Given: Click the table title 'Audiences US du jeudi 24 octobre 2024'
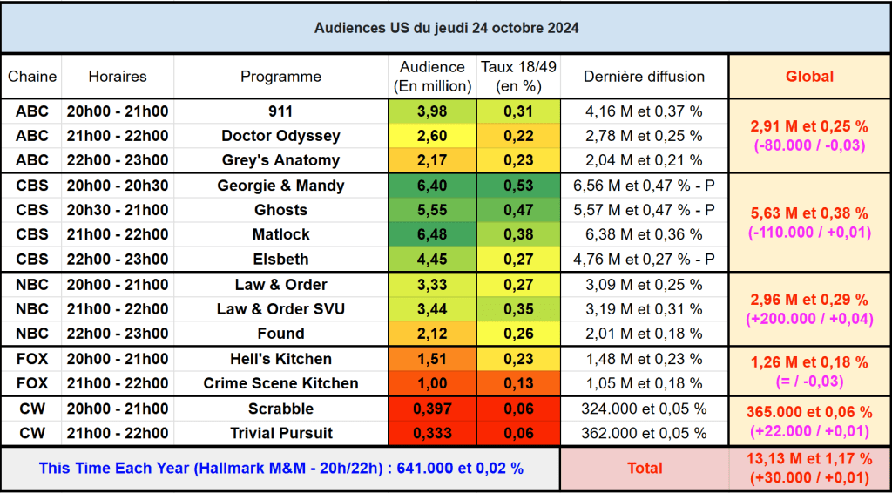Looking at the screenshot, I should tap(446, 28).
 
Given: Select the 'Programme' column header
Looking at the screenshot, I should tap(280, 77).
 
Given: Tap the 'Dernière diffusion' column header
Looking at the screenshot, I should tap(644, 77).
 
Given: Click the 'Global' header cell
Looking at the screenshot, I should tap(809, 77).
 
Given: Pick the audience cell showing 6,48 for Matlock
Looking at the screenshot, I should tap(432, 234).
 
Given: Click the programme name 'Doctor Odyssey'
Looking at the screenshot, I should tap(280, 136).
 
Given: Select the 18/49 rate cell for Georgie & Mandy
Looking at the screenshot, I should tap(518, 186).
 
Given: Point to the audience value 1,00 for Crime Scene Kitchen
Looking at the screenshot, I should tap(432, 383).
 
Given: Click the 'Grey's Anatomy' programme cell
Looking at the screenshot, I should tap(280, 160).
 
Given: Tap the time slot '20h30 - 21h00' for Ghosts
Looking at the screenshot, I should tap(117, 210).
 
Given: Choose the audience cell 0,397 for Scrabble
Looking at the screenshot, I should tap(432, 409).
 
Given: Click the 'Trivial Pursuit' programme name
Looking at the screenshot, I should tap(280, 433).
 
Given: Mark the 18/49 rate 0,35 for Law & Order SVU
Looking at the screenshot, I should tap(518, 309).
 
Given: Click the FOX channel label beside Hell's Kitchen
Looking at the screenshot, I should tap(32, 359).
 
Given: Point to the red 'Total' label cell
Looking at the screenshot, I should tap(644, 469).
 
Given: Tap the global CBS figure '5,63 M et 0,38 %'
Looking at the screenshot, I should tap(809, 213).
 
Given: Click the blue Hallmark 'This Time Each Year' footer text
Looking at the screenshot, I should tap(280, 469).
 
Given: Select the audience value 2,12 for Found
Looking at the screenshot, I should tap(432, 334).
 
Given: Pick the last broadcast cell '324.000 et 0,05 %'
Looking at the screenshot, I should tap(644, 409).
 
